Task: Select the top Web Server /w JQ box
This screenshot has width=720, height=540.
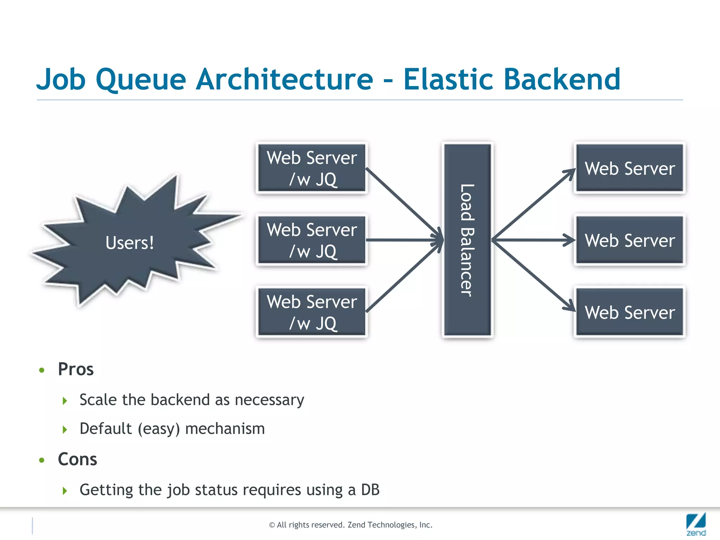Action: pyautogui.click(x=312, y=168)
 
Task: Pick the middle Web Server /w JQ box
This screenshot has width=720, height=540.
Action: pyautogui.click(x=312, y=240)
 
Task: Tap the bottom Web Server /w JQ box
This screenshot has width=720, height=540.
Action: pyautogui.click(x=312, y=312)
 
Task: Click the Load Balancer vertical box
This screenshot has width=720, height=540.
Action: pyautogui.click(x=467, y=240)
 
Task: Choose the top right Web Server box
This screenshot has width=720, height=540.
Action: pyautogui.click(x=630, y=168)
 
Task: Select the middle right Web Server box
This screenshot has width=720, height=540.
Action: pyautogui.click(x=630, y=240)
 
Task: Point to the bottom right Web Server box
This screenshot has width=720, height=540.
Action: pyautogui.click(x=630, y=312)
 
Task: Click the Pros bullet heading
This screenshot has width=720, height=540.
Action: pyautogui.click(x=76, y=369)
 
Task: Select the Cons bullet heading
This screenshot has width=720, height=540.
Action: pyautogui.click(x=77, y=459)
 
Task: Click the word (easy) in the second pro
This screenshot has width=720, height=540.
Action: pyautogui.click(x=159, y=429)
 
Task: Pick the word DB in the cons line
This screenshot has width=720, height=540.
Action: pyautogui.click(x=370, y=490)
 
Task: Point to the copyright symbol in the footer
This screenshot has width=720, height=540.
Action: pyautogui.click(x=272, y=525)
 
